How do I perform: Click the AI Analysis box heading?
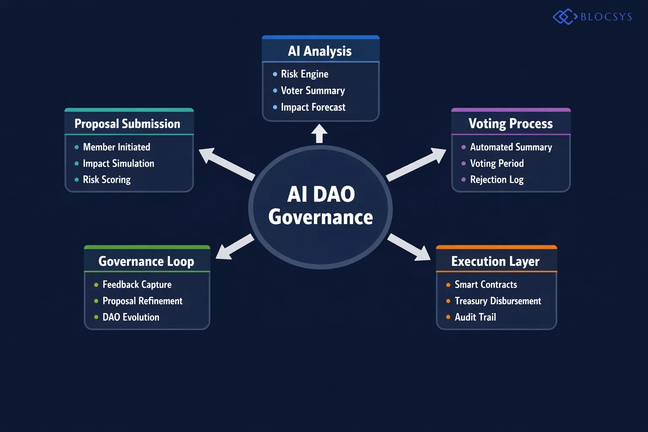[x=320, y=51]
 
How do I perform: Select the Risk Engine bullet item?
[x=304, y=74]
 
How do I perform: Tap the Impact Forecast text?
[x=313, y=108]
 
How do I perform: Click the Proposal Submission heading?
[x=127, y=124]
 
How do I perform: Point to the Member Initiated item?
[x=116, y=147]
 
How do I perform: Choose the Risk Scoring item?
[x=106, y=180]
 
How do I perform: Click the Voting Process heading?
[x=510, y=124]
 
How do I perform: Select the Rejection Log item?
[x=497, y=180]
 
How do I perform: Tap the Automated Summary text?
[x=511, y=147]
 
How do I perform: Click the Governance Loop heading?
[x=146, y=262]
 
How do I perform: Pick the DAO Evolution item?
[x=131, y=317]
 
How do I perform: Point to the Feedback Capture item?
[x=137, y=285]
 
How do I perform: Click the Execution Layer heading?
[x=495, y=262]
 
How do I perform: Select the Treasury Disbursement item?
[x=498, y=301]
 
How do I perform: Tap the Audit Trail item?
[x=475, y=317]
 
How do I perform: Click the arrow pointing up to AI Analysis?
[x=319, y=133]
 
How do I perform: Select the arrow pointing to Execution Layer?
[x=409, y=247]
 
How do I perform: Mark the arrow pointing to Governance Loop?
[x=235, y=247]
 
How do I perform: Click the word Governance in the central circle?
[x=321, y=217]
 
